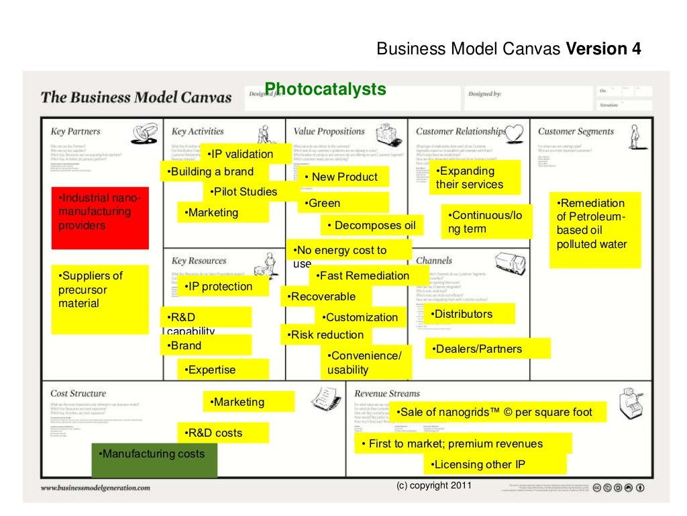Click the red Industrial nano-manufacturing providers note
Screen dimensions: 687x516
coord(100,217)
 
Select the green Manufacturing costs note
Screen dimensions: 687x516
coord(154,460)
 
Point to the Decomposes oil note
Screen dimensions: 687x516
coord(372,226)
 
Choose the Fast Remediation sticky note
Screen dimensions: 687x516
coord(368,275)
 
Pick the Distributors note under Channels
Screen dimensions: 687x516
coord(469,314)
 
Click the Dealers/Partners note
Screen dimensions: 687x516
coord(488,349)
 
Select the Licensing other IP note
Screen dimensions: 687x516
coord(494,464)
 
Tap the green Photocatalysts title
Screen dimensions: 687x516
coord(325,89)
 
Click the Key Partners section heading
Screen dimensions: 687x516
coord(75,132)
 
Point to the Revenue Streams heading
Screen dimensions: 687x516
coord(387,394)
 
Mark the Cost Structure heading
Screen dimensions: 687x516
coord(78,394)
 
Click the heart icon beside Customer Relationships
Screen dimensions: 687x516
coord(515,131)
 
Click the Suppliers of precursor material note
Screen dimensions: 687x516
coord(100,299)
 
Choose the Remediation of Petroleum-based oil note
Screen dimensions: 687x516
coord(595,229)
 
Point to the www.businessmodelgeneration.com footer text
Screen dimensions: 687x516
coord(95,488)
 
